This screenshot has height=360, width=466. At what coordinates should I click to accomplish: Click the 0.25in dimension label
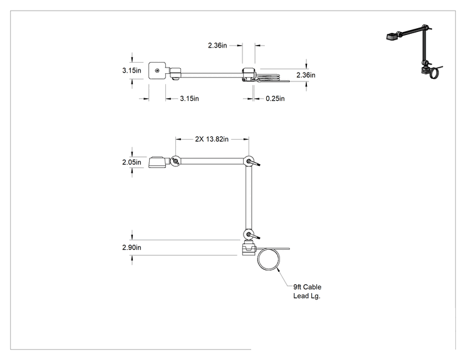tap(275, 98)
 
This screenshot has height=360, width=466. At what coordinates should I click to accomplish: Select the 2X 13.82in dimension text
tap(212, 139)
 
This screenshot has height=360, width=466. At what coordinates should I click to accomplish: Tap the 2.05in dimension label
tap(132, 162)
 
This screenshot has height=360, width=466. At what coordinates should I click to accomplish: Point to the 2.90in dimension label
tap(132, 247)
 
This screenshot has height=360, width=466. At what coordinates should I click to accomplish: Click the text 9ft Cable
tap(308, 287)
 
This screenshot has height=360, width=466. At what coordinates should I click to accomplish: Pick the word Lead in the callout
tap(301, 296)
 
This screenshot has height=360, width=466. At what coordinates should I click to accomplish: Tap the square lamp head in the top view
tap(157, 70)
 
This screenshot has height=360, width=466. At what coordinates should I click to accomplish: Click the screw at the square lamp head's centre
tap(157, 70)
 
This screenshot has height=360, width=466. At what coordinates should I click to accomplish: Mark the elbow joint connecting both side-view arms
tap(249, 162)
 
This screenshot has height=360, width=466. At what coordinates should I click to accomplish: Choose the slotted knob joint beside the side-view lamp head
tap(175, 162)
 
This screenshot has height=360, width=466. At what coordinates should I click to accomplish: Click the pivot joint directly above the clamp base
tap(249, 235)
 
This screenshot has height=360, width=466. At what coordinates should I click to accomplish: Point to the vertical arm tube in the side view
tap(249, 198)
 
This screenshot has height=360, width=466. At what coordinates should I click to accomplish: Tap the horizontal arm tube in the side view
tap(212, 162)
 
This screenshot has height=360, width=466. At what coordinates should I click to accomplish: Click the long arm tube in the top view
tap(212, 75)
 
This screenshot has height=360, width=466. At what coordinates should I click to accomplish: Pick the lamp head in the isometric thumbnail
tap(393, 36)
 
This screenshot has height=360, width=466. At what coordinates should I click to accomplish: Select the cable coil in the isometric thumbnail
tap(436, 72)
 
